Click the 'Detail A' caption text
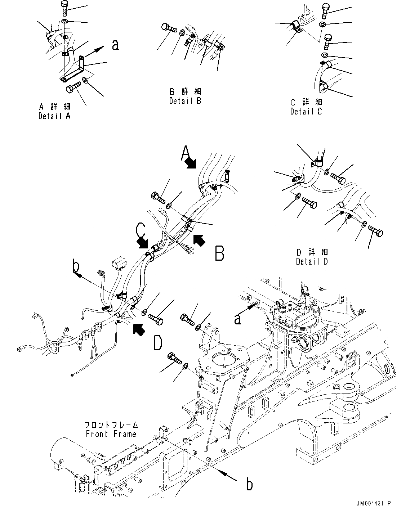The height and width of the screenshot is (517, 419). [x=54, y=116]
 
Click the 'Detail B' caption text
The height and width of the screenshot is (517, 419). [x=185, y=101]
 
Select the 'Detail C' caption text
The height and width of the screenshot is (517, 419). [x=306, y=111]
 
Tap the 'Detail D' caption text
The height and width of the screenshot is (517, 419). [x=312, y=261]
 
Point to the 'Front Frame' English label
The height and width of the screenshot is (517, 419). [x=111, y=434]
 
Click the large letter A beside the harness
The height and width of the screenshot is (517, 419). [x=185, y=153]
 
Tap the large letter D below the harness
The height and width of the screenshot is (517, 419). [x=157, y=343]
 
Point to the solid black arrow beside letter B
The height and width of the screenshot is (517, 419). [x=199, y=239]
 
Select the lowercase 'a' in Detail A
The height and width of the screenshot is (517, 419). [x=115, y=45]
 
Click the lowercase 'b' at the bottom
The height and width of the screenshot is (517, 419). [x=249, y=485]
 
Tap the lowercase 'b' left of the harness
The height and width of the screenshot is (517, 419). [x=76, y=266]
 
